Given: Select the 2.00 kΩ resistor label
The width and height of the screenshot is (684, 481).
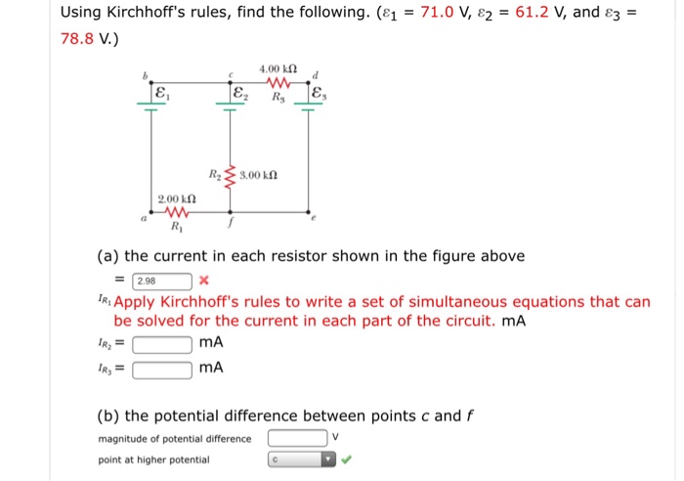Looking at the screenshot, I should pyautogui.click(x=177, y=198).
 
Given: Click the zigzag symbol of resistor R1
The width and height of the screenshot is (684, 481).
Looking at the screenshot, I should pyautogui.click(x=177, y=212).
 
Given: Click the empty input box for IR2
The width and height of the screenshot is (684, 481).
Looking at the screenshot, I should pyautogui.click(x=161, y=344).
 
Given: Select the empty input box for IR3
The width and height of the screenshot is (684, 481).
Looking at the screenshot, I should pyautogui.click(x=161, y=369).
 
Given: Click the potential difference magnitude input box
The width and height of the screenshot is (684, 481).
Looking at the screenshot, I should pyautogui.click(x=297, y=438).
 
